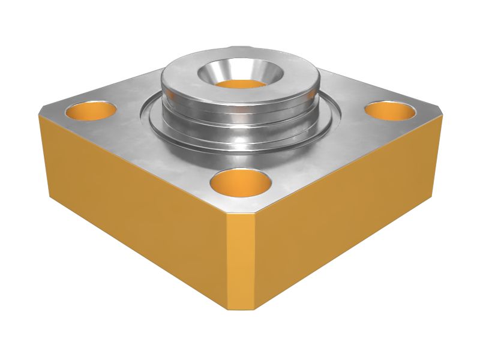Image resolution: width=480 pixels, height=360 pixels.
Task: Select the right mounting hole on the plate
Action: click(391, 110)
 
